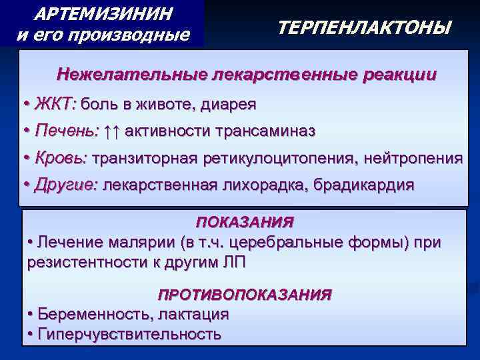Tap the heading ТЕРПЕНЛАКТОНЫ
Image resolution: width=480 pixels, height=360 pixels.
tap(363, 28)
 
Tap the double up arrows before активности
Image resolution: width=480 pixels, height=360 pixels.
tap(112, 131)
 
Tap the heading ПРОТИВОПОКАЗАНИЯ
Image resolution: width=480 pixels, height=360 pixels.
tap(245, 294)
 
